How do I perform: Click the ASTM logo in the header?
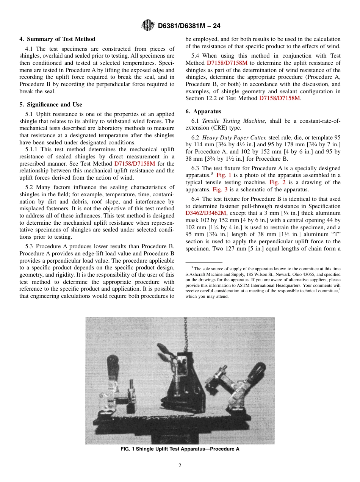pos(148,25)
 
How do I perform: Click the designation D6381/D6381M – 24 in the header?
pos(189,26)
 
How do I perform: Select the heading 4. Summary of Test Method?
pos(57,39)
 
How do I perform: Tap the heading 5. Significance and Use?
pos(51,105)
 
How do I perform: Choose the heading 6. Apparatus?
pos(203,111)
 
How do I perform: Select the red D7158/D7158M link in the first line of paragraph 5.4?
pos(227,63)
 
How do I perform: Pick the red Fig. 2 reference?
pos(277,182)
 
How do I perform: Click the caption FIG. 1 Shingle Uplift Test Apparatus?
pos(180,449)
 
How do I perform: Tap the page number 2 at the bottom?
pos(180,466)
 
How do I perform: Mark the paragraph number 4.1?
pos(30,49)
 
